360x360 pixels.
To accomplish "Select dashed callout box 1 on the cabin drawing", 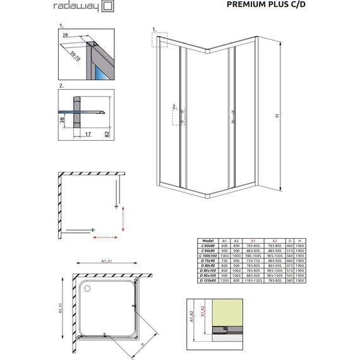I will tap(157, 39).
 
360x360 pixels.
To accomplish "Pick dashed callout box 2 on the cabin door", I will tap(180, 116).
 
